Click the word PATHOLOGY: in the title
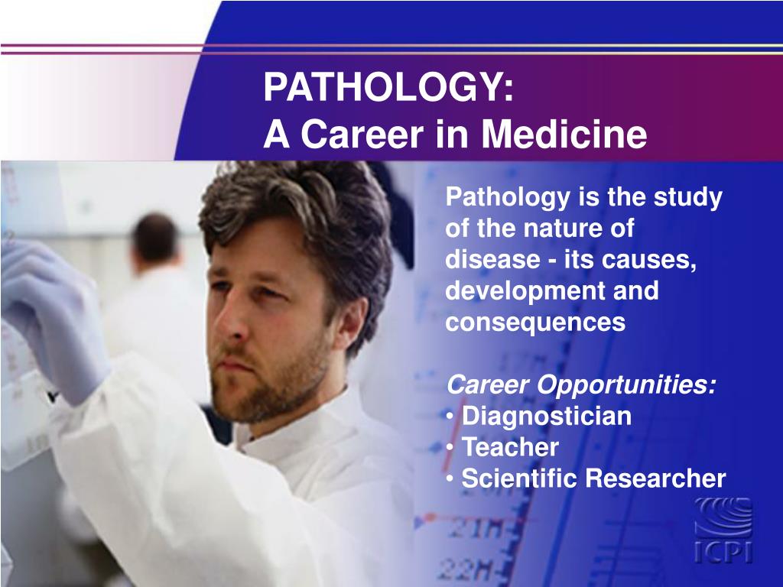point(388,88)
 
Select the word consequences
point(535,323)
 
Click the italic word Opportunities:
point(628,385)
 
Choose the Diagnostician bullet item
point(547,417)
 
